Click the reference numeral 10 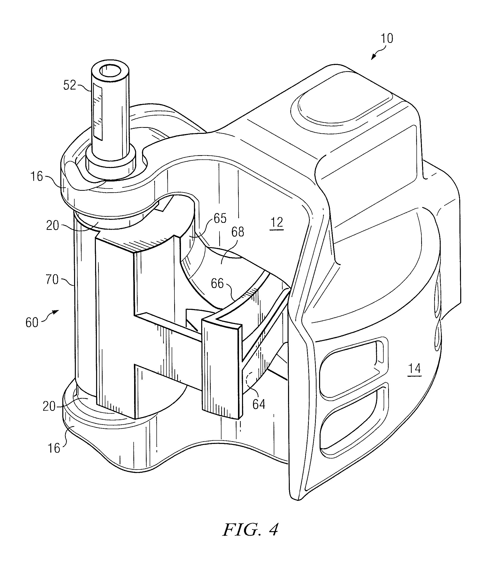tap(387, 39)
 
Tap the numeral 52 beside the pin tap(69, 85)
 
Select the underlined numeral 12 tap(277, 223)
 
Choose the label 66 tap(217, 284)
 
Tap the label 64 tap(259, 404)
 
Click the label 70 tap(52, 280)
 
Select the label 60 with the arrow tap(32, 323)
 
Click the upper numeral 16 tap(37, 176)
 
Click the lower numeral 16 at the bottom tap(54, 448)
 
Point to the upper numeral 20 tap(52, 226)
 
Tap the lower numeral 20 tap(49, 407)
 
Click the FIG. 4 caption tap(251, 530)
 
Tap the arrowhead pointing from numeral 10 tap(373, 57)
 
